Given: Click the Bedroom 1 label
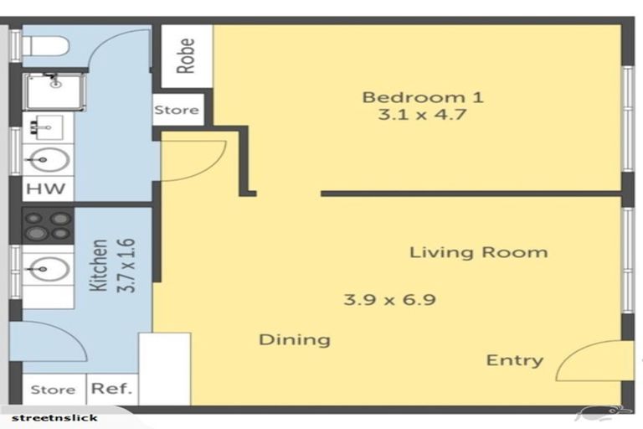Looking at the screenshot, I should [x=422, y=97].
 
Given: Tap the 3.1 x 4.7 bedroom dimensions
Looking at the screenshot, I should [x=422, y=116].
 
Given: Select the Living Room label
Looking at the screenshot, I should [x=478, y=252].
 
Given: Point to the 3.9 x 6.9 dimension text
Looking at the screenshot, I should [x=389, y=299].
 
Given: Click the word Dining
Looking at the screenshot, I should [x=294, y=339].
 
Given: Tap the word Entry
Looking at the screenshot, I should [x=514, y=360].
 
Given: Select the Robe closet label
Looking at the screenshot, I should [x=186, y=55].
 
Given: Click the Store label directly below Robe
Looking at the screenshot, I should [x=177, y=110].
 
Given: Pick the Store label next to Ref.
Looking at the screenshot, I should [x=53, y=390].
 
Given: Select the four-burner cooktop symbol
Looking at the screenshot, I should [x=48, y=225].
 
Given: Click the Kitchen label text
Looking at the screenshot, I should [x=99, y=266].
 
